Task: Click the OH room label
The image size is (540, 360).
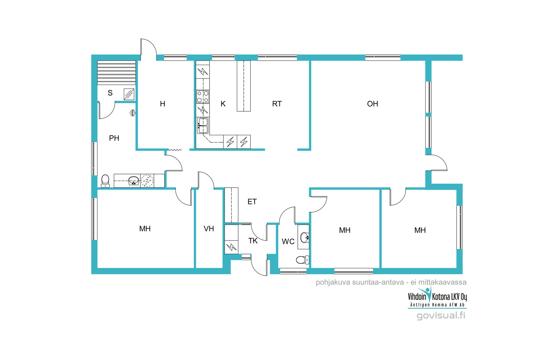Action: (373, 104)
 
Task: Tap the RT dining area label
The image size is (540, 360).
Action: (277, 104)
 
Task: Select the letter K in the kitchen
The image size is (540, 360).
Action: (223, 104)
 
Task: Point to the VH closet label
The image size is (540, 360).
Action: (209, 229)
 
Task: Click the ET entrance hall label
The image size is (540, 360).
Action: (252, 202)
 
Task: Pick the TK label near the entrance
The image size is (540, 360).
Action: (253, 241)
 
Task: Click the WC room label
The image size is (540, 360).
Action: (288, 242)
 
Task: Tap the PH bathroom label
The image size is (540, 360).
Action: (114, 138)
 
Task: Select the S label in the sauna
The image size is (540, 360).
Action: (110, 93)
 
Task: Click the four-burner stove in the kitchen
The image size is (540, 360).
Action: (203, 96)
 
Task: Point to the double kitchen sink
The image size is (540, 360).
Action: (203, 126)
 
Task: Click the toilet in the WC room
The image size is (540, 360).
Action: (302, 260)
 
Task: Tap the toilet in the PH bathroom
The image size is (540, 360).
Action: (105, 181)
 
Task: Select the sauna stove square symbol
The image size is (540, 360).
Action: (129, 94)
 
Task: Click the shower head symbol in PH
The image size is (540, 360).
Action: (132, 113)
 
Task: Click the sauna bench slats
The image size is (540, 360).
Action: (116, 73)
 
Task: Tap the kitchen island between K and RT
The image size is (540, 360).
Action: (244, 86)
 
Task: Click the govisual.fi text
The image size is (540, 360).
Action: (441, 316)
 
